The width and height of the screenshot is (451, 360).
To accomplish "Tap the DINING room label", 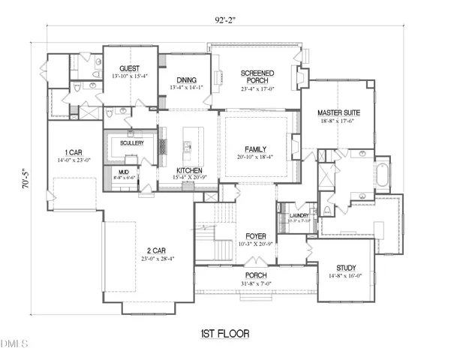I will point(186,80).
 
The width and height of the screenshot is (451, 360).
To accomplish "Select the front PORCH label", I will point(256,275).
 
